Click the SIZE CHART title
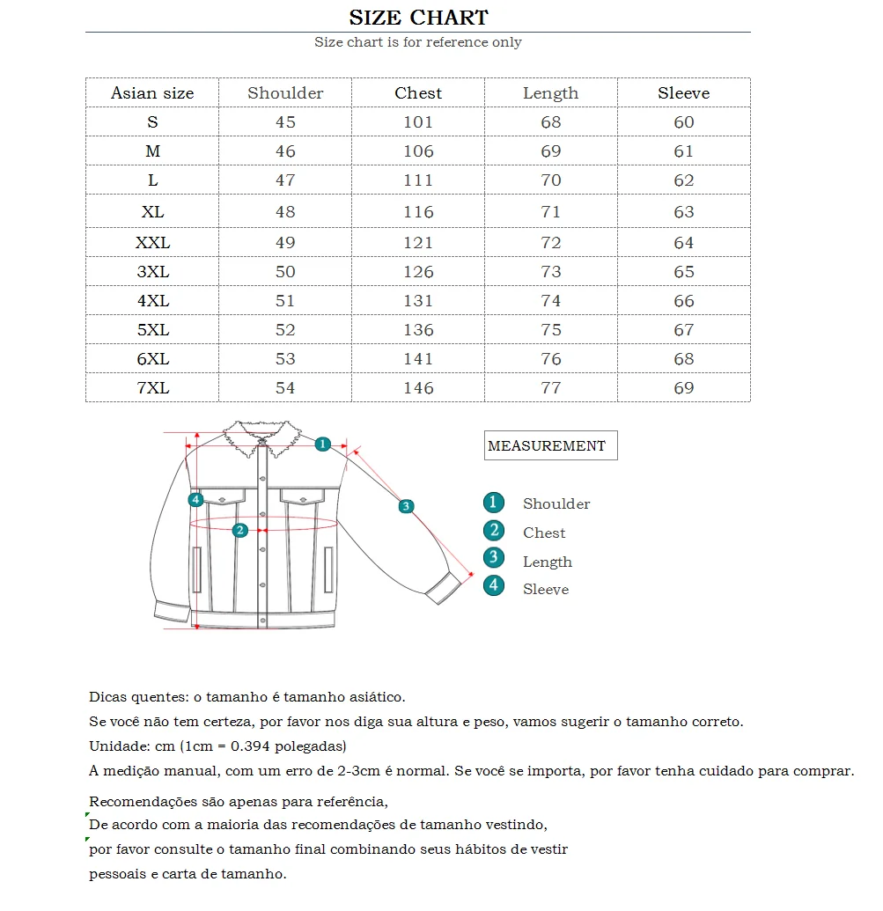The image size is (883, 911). pyautogui.click(x=418, y=18)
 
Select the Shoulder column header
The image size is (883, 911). pyautogui.click(x=285, y=93)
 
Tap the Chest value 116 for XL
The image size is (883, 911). pyautogui.click(x=418, y=212)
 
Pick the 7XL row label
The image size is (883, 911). pyautogui.click(x=152, y=388)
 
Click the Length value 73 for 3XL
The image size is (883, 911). pyautogui.click(x=551, y=272)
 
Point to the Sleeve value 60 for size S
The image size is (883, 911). pyautogui.click(x=684, y=122)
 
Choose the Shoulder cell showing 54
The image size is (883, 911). pyautogui.click(x=285, y=388)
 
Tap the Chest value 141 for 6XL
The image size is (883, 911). pyautogui.click(x=418, y=359)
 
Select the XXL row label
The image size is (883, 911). pyautogui.click(x=152, y=243)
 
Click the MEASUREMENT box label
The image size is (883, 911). pyautogui.click(x=547, y=446)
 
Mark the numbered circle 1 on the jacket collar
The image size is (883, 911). pyautogui.click(x=323, y=444)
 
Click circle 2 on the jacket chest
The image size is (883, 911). pyautogui.click(x=239, y=530)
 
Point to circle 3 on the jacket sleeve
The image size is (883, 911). pyautogui.click(x=406, y=506)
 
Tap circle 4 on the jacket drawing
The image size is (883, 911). pyautogui.click(x=195, y=500)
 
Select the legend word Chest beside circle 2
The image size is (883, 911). pyautogui.click(x=544, y=533)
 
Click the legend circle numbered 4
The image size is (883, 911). pyautogui.click(x=494, y=585)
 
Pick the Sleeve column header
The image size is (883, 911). pyautogui.click(x=684, y=93)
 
